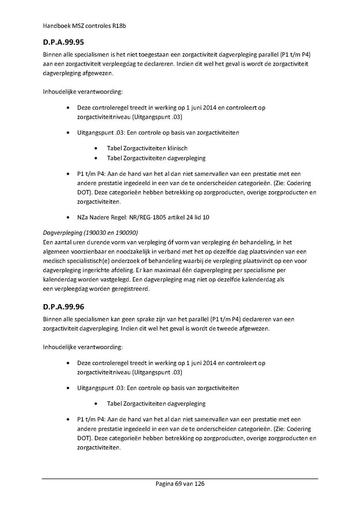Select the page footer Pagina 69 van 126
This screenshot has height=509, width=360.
[180, 483]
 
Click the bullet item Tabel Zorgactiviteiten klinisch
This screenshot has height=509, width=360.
[147, 148]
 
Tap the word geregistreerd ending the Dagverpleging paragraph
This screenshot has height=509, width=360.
[129, 289]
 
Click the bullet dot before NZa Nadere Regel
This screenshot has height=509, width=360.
[70, 218]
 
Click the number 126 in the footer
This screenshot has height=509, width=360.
[199, 483]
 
